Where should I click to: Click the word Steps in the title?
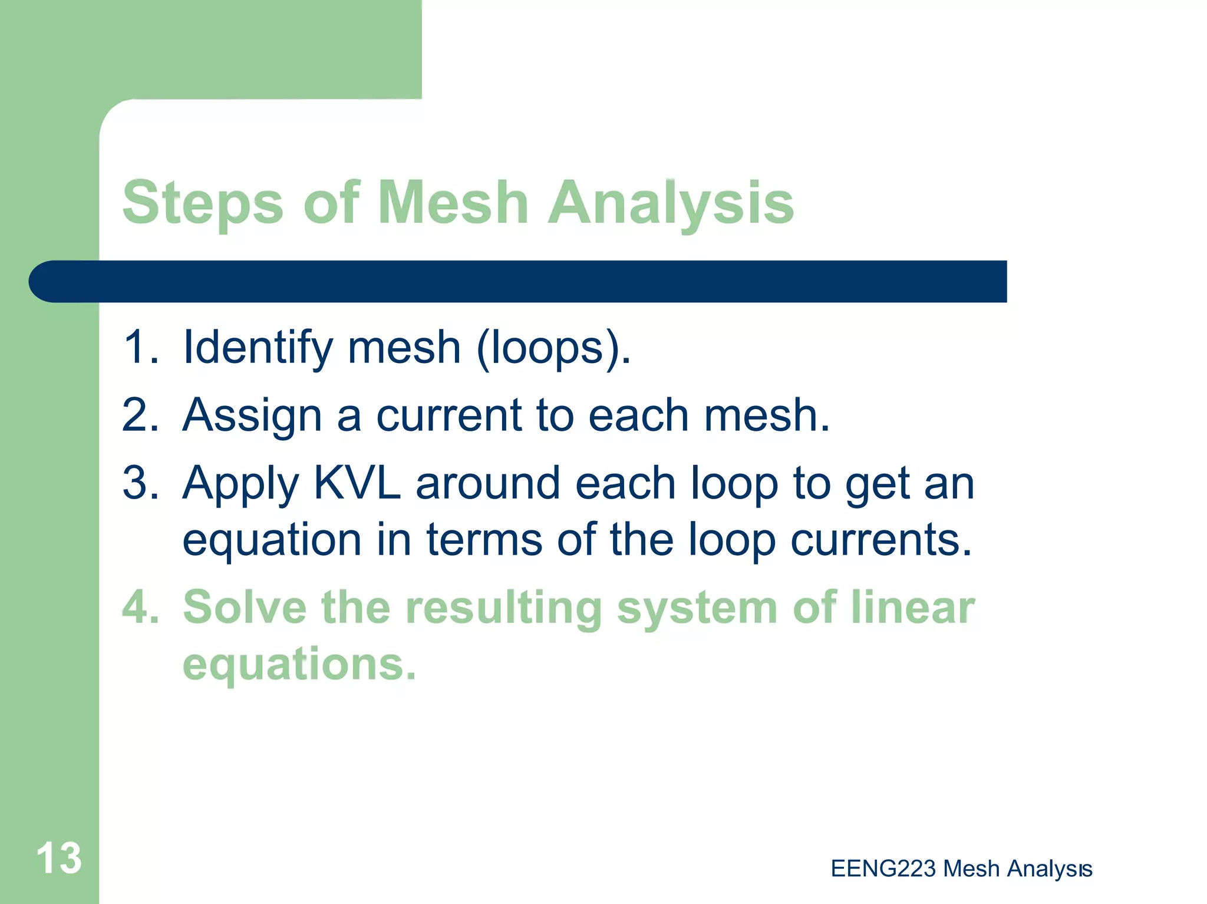point(203,203)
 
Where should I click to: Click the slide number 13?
point(59,858)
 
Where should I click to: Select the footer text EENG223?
point(883,869)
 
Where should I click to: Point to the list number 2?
point(140,415)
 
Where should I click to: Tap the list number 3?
point(140,483)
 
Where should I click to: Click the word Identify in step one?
point(258,348)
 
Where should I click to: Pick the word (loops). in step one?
point(553,348)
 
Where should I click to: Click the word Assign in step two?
point(252,416)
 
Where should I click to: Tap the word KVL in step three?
point(357,483)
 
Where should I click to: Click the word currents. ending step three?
point(880,539)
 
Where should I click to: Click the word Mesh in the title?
point(453,203)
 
